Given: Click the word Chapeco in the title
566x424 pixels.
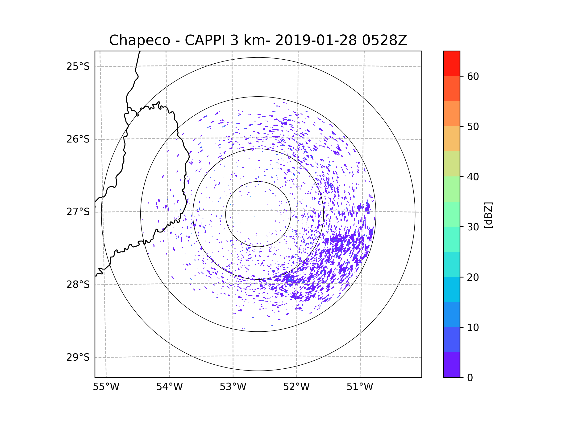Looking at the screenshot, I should [139, 40].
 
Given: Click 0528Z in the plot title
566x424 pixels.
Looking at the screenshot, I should [384, 40].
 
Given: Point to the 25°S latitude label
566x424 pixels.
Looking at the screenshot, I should [78, 66].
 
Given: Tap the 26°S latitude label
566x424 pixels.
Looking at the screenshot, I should [78, 139].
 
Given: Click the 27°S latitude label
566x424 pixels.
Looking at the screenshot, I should [78, 212].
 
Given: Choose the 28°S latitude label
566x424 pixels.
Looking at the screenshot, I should [78, 285].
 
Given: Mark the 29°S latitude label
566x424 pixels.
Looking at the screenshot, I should [78, 357].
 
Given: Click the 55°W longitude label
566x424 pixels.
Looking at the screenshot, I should [106, 387].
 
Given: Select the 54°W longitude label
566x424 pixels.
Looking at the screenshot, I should [169, 387].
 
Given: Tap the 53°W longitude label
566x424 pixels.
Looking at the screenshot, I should [233, 387].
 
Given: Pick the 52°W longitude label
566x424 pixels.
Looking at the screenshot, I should [296, 387].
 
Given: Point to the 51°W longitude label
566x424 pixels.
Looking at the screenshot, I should [360, 387].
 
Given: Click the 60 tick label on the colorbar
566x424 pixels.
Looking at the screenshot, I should [473, 76].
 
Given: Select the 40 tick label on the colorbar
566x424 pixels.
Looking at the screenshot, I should [473, 177].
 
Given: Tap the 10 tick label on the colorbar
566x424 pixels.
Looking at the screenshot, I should [473, 327].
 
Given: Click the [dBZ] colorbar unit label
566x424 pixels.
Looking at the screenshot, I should [488, 215].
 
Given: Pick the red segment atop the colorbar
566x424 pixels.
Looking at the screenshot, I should [452, 63].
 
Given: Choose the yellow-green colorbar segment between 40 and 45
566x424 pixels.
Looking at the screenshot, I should [452, 164].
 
